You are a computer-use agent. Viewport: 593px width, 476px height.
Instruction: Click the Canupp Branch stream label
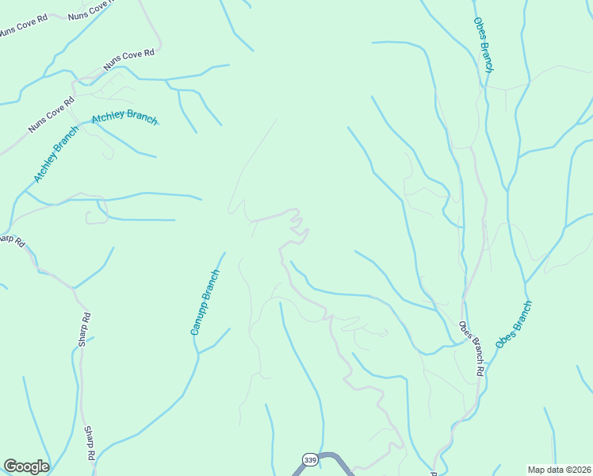(x=205, y=302)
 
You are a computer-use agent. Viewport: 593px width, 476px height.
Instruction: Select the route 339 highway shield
(x=309, y=459)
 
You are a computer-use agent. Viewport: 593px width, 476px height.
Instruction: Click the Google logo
(x=26, y=466)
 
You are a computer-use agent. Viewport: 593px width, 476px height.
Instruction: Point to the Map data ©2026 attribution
(x=560, y=470)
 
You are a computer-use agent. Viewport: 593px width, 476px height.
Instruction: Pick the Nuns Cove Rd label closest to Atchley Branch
(x=52, y=114)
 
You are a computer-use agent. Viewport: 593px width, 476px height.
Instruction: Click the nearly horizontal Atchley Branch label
(x=124, y=118)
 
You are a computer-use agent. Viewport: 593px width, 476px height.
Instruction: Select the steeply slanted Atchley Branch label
(x=55, y=154)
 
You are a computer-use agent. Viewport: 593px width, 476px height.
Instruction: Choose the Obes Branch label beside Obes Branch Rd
(x=514, y=324)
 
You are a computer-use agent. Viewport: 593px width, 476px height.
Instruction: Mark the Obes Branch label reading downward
(x=484, y=45)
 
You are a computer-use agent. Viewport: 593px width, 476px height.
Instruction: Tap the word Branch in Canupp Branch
(x=210, y=286)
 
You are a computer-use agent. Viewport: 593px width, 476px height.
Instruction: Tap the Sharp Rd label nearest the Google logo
(x=90, y=443)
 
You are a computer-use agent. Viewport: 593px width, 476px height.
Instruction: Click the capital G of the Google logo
(x=10, y=466)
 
